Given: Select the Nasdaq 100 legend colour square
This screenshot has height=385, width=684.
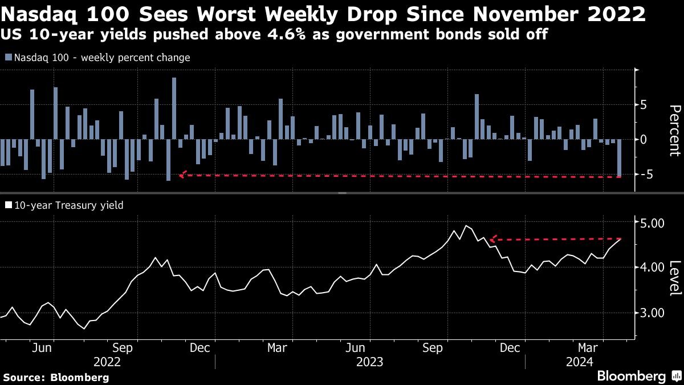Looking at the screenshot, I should (9, 58).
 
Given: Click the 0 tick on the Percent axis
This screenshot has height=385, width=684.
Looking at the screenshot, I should (643, 140).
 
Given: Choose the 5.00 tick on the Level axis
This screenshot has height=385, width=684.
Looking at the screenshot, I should (649, 222).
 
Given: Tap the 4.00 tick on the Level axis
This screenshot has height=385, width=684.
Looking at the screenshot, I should (649, 267).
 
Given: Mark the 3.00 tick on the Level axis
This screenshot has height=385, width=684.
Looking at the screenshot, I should (649, 313).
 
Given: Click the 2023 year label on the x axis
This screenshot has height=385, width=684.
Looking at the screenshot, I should (370, 362).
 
